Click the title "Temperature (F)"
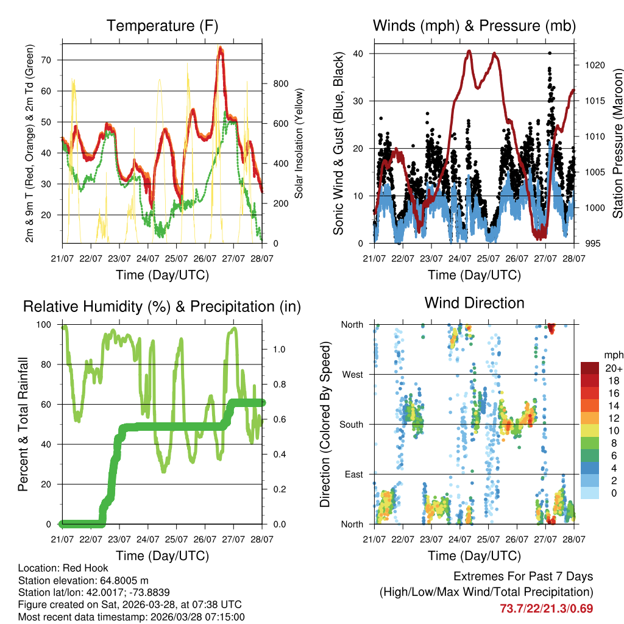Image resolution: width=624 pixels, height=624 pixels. click(162, 26)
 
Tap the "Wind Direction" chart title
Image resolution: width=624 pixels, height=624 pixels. click(474, 303)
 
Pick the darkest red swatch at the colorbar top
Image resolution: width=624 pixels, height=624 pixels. click(590, 368)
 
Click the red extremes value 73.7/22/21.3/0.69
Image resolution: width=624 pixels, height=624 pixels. click(546, 609)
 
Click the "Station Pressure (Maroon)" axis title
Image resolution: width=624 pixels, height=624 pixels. click(617, 143)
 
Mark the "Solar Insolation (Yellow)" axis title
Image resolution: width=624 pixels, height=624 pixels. click(299, 143)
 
